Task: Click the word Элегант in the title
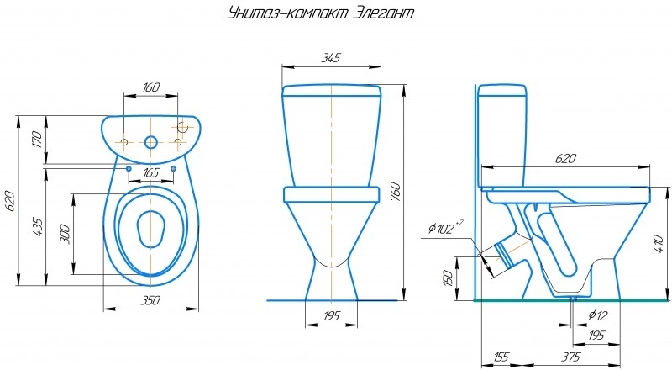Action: (384, 13)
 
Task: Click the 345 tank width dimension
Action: (331, 57)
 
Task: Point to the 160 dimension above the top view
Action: (150, 87)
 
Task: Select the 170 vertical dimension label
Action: (37, 140)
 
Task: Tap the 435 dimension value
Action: (37, 228)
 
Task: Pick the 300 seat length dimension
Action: (65, 234)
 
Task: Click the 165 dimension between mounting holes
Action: (150, 173)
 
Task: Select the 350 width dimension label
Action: (150, 300)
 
